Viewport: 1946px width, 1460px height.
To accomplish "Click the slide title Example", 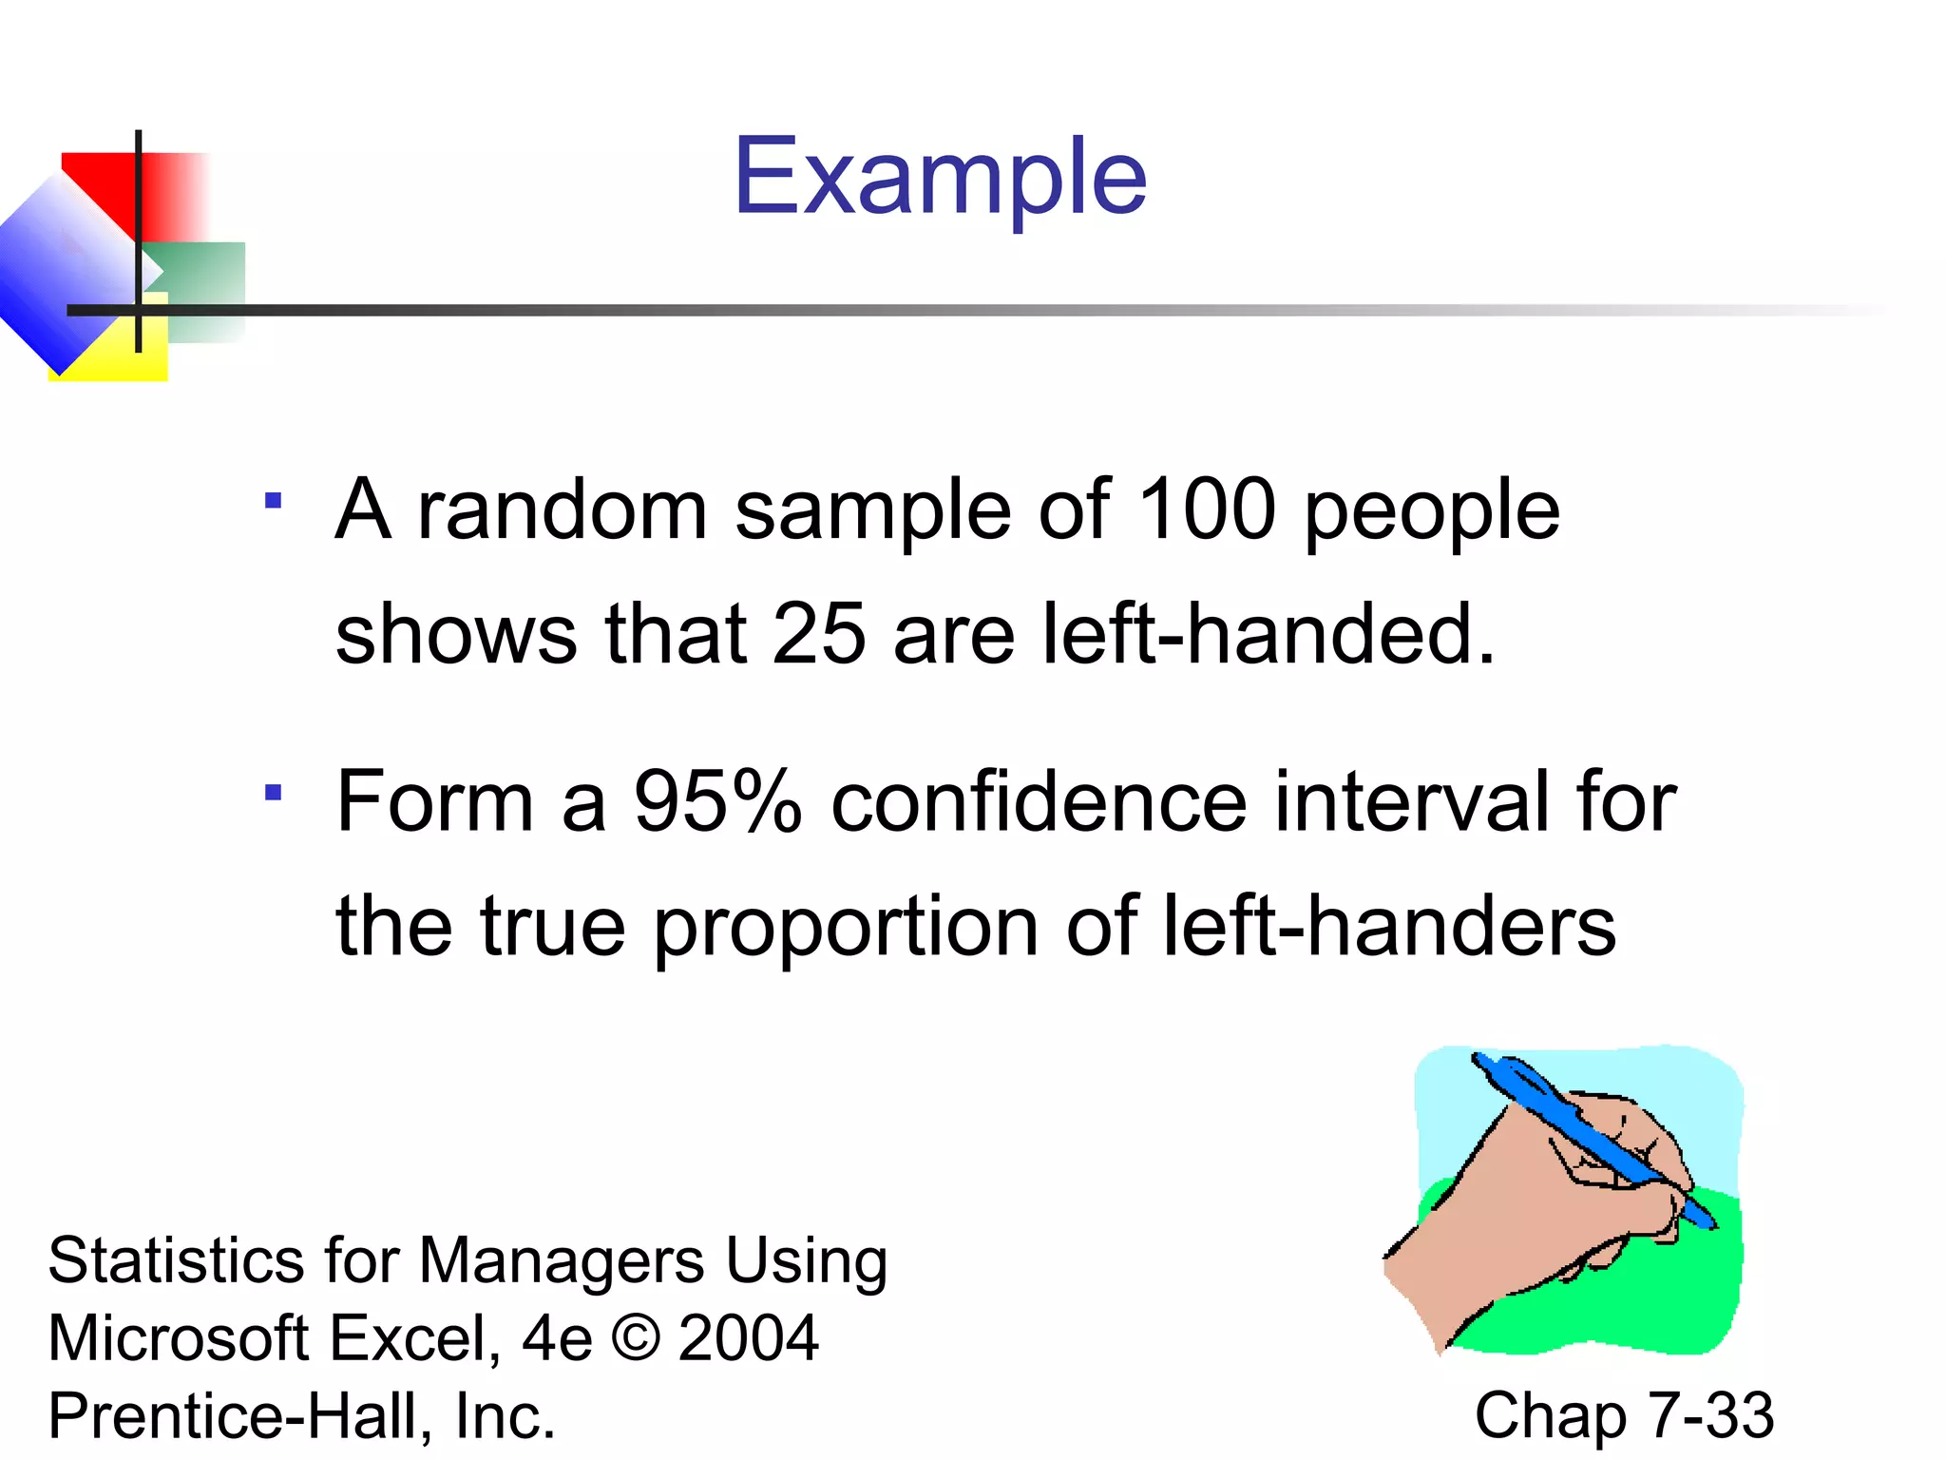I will (x=940, y=178).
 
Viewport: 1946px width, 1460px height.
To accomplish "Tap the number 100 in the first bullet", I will (x=1206, y=510).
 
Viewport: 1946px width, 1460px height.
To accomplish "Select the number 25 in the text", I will (x=818, y=634).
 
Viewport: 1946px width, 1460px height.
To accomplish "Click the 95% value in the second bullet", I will (x=717, y=801).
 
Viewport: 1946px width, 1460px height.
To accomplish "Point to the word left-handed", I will (x=1269, y=634).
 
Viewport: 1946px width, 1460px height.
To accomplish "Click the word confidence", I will (x=1038, y=801).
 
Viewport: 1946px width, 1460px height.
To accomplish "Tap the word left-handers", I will (x=1388, y=927).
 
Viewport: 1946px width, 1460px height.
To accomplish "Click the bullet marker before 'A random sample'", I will (x=274, y=501).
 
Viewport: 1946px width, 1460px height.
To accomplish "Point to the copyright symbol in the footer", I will (x=636, y=1338).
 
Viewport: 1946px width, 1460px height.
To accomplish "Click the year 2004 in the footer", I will (x=749, y=1338).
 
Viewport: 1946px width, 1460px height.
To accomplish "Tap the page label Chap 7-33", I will (x=1623, y=1415).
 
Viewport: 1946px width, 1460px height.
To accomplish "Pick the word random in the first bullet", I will (x=563, y=510).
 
